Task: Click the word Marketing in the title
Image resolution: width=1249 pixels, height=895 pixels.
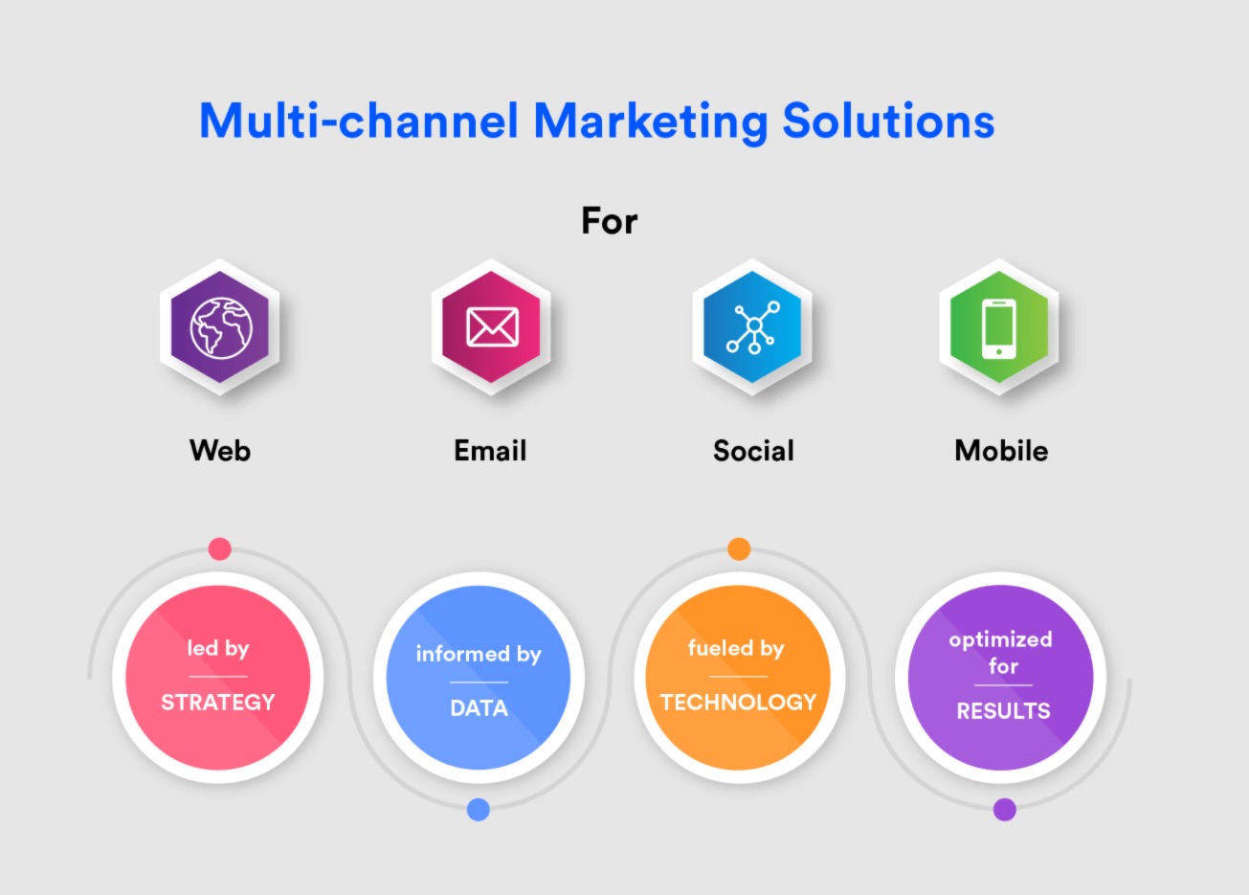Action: pyautogui.click(x=651, y=123)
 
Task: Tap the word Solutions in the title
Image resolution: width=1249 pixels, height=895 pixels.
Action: pyautogui.click(x=889, y=121)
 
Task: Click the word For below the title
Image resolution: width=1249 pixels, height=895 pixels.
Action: pyautogui.click(x=609, y=221)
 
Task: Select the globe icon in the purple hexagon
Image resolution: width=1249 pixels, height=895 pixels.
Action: pyautogui.click(x=221, y=327)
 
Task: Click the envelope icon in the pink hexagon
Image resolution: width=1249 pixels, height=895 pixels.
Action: pyautogui.click(x=492, y=326)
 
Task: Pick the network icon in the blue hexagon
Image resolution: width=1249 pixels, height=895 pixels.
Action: pyautogui.click(x=752, y=327)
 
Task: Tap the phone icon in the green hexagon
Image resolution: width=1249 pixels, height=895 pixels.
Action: pyautogui.click(x=998, y=328)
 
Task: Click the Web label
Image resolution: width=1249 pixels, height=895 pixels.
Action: pyautogui.click(x=220, y=451)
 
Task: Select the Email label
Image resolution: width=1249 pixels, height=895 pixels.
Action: pyautogui.click(x=490, y=451)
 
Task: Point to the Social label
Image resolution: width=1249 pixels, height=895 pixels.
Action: pyautogui.click(x=753, y=451)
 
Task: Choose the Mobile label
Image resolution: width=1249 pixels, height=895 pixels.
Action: pyautogui.click(x=1001, y=451)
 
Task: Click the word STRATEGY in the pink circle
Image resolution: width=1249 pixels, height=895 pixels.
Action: pyautogui.click(x=218, y=702)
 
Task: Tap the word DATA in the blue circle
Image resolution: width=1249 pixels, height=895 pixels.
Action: pyautogui.click(x=479, y=708)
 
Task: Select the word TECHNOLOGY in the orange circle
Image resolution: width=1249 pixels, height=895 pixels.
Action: pyautogui.click(x=738, y=702)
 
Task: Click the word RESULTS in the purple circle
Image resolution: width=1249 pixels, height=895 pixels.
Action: pyautogui.click(x=1003, y=711)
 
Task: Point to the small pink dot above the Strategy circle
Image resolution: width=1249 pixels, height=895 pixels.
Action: pyautogui.click(x=220, y=548)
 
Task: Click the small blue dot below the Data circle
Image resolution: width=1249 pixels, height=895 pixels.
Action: pyautogui.click(x=479, y=810)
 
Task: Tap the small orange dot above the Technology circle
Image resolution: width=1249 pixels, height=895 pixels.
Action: pyautogui.click(x=739, y=548)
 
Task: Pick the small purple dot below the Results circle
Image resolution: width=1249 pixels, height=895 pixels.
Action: pyautogui.click(x=1005, y=810)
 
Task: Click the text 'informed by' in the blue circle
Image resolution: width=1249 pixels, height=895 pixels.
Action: pyautogui.click(x=479, y=654)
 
